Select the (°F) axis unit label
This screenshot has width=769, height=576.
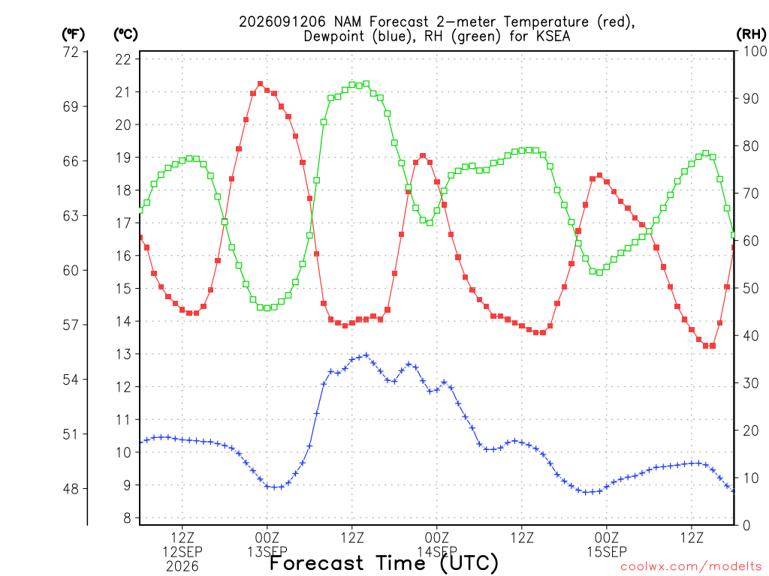[73, 34]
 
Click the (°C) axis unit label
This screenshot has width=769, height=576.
[125, 34]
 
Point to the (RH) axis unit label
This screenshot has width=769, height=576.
[751, 34]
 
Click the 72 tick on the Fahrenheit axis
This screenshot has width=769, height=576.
[71, 52]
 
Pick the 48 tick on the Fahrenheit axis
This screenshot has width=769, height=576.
[71, 489]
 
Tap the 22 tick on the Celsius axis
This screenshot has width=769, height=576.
[123, 59]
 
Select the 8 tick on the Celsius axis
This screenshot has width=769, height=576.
[127, 518]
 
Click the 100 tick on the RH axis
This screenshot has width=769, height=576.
[755, 51]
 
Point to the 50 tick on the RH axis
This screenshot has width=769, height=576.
[751, 289]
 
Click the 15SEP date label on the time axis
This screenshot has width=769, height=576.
[607, 552]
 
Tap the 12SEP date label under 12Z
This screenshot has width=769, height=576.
[182, 552]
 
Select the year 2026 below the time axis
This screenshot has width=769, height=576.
[182, 567]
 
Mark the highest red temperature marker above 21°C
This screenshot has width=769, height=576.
[261, 84]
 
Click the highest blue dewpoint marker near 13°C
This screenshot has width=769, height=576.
[366, 355]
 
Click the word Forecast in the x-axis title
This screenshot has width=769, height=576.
[316, 563]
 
